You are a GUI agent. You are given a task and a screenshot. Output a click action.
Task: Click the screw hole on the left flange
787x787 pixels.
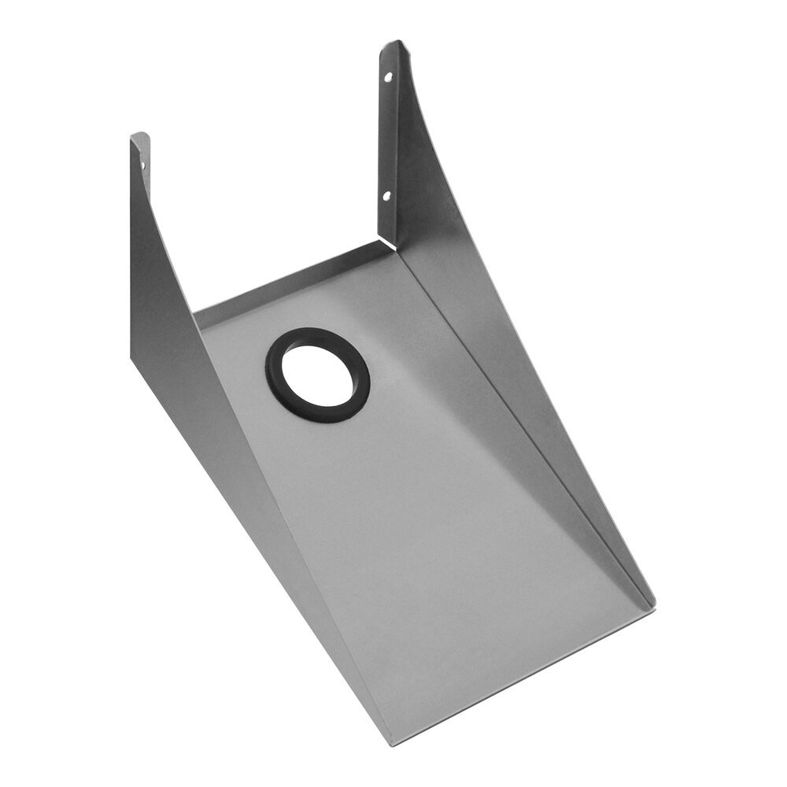(x=142, y=165)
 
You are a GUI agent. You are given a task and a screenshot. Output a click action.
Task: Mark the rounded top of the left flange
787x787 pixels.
(x=139, y=135)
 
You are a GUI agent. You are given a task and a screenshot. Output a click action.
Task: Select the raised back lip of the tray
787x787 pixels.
(x=291, y=279)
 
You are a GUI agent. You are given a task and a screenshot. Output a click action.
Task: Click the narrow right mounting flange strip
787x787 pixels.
(x=388, y=142)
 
